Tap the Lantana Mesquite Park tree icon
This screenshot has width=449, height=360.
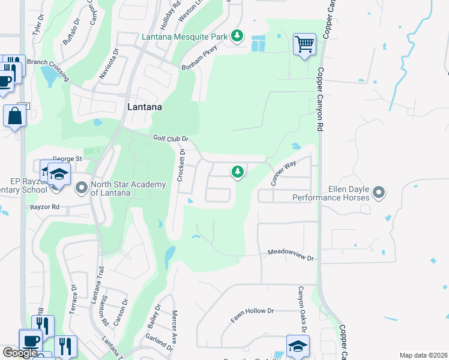click(238, 37)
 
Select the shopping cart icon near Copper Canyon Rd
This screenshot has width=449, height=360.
click(304, 44)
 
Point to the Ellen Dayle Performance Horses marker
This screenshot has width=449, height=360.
click(378, 192)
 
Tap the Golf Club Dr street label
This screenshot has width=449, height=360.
click(170, 138)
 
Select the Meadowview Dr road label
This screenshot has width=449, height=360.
click(291, 254)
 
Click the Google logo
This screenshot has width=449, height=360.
click(20, 353)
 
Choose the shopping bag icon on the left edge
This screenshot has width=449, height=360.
click(14, 115)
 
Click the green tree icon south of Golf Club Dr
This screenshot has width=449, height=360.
click(238, 173)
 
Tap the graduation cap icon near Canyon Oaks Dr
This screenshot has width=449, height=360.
click(297, 346)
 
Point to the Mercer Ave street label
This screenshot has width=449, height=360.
click(174, 326)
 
